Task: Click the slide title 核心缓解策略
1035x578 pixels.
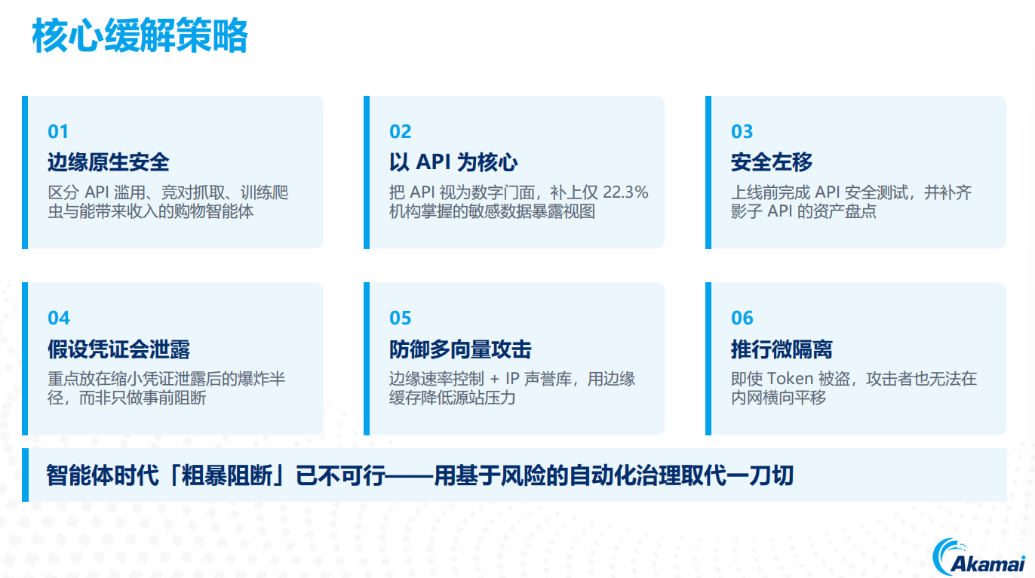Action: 140,35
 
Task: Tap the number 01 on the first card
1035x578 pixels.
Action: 58,132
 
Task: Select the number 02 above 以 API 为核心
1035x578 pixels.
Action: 400,132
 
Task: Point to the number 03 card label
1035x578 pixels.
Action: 742,132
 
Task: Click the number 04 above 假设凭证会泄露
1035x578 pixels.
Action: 59,318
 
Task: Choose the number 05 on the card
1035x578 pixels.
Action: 400,318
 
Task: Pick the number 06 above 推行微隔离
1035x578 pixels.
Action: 742,318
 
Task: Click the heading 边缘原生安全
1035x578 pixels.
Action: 109,162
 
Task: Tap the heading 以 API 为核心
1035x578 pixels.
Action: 453,162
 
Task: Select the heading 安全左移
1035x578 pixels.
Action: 772,162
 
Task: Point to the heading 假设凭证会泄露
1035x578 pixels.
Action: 118,349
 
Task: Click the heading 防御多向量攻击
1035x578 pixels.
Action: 460,349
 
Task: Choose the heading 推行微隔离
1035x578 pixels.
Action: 782,349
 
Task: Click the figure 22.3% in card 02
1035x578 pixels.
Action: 625,192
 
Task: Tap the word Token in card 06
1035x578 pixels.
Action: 790,379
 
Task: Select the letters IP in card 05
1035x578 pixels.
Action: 513,379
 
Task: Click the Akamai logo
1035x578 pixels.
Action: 978,557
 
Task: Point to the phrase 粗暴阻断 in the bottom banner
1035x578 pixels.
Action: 227,475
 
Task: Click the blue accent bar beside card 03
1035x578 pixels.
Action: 708,172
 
